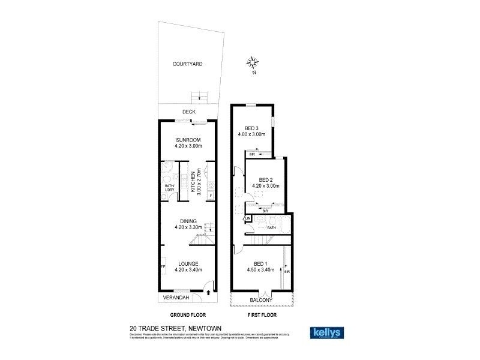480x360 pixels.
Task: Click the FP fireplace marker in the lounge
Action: (x=163, y=266)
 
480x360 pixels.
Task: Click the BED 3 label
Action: (x=251, y=128)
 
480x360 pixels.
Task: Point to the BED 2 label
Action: (x=266, y=180)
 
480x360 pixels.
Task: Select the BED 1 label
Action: (x=260, y=264)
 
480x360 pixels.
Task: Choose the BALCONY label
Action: (x=262, y=300)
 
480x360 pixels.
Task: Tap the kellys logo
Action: (x=326, y=332)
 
